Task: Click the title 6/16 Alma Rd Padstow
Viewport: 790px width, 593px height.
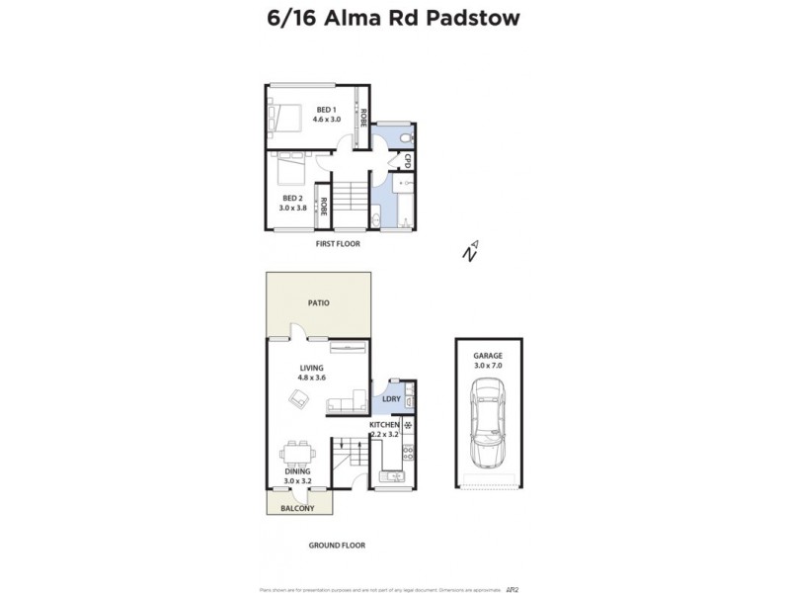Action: (x=394, y=19)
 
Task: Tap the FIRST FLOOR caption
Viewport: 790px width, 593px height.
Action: (x=338, y=243)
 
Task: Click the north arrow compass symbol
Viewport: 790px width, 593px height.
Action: (x=471, y=250)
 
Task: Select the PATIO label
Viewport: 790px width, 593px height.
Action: (x=317, y=302)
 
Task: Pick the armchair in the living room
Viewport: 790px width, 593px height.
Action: (x=297, y=396)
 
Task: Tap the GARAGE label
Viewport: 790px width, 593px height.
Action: (x=488, y=355)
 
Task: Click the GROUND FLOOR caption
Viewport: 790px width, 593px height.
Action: (x=337, y=545)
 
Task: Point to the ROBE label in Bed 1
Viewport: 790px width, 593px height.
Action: (x=363, y=119)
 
